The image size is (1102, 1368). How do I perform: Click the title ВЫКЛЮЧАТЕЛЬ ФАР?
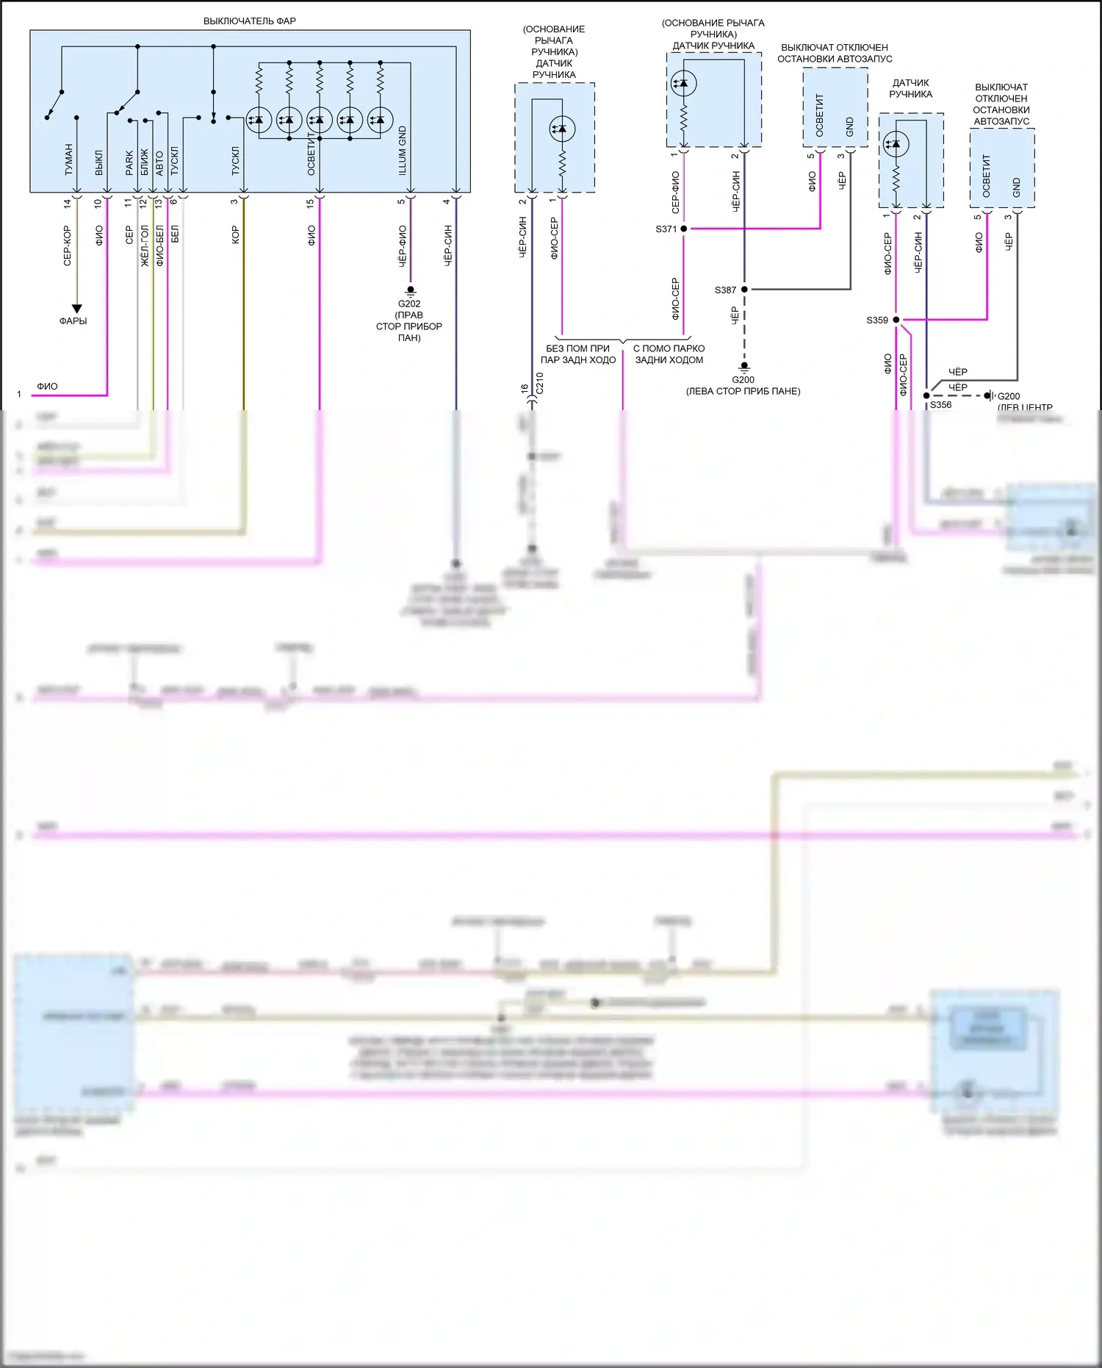[x=250, y=21]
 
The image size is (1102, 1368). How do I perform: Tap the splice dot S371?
[x=683, y=229]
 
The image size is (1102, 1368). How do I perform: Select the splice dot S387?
[x=744, y=290]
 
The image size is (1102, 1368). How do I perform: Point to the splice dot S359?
[x=896, y=320]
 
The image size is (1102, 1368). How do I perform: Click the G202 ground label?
[x=409, y=304]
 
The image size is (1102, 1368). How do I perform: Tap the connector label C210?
[x=540, y=383]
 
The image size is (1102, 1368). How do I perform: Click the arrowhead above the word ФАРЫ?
[x=76, y=309]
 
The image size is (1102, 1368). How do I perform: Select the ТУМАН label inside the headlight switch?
[x=68, y=160]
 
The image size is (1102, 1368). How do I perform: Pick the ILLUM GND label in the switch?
[x=403, y=151]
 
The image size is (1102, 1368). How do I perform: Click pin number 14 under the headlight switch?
[x=68, y=203]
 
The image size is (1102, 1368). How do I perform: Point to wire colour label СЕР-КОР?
[x=68, y=246]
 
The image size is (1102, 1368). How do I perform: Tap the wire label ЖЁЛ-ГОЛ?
[x=145, y=246]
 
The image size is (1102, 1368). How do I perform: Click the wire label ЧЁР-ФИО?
[x=403, y=246]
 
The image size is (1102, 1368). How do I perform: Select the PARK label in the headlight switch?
[x=129, y=163]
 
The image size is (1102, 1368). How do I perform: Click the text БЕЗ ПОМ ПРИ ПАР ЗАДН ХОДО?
[x=578, y=354]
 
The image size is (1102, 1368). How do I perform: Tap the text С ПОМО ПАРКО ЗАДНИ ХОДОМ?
[x=669, y=354]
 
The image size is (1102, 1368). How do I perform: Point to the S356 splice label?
[x=940, y=405]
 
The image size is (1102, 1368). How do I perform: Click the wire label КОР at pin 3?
[x=236, y=235]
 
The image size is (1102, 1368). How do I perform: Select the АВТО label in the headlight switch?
[x=159, y=163]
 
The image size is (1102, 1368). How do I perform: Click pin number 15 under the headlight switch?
[x=311, y=202]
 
